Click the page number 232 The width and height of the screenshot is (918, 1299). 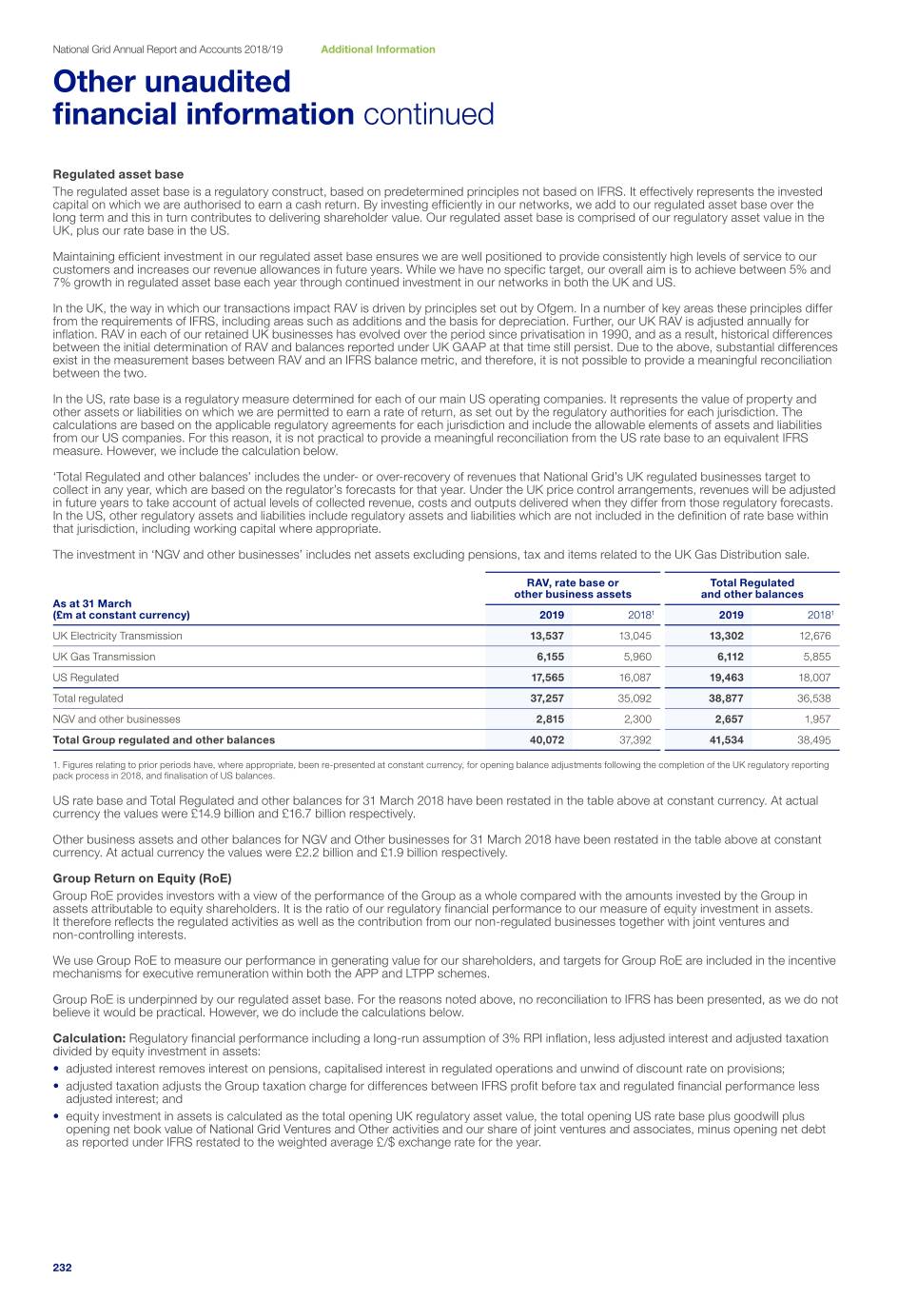point(62,1267)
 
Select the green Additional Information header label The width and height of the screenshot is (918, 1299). point(378,49)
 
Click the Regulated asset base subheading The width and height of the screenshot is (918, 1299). point(118,174)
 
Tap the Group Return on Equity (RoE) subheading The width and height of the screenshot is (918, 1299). point(142,878)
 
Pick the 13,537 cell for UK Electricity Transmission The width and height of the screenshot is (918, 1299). point(546,636)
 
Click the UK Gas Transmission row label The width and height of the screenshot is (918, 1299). point(104,657)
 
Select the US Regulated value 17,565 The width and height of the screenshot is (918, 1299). point(546,678)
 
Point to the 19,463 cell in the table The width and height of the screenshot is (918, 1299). point(726,678)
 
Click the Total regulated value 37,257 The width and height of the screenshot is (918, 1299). point(546,699)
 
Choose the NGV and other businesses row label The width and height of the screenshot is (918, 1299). point(116,719)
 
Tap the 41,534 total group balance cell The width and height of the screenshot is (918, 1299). point(726,739)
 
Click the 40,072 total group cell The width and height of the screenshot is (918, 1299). point(546,739)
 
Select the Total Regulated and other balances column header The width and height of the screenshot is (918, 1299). point(752,588)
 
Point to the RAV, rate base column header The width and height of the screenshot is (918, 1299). point(573,588)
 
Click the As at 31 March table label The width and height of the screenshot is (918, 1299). point(92,603)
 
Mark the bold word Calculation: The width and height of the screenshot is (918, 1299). point(89,1038)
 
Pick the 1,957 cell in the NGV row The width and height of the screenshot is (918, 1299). point(816,719)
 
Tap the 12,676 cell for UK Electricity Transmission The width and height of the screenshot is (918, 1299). point(814,636)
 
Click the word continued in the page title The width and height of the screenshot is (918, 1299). point(428,114)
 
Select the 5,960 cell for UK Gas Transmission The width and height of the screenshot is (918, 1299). point(636,657)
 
